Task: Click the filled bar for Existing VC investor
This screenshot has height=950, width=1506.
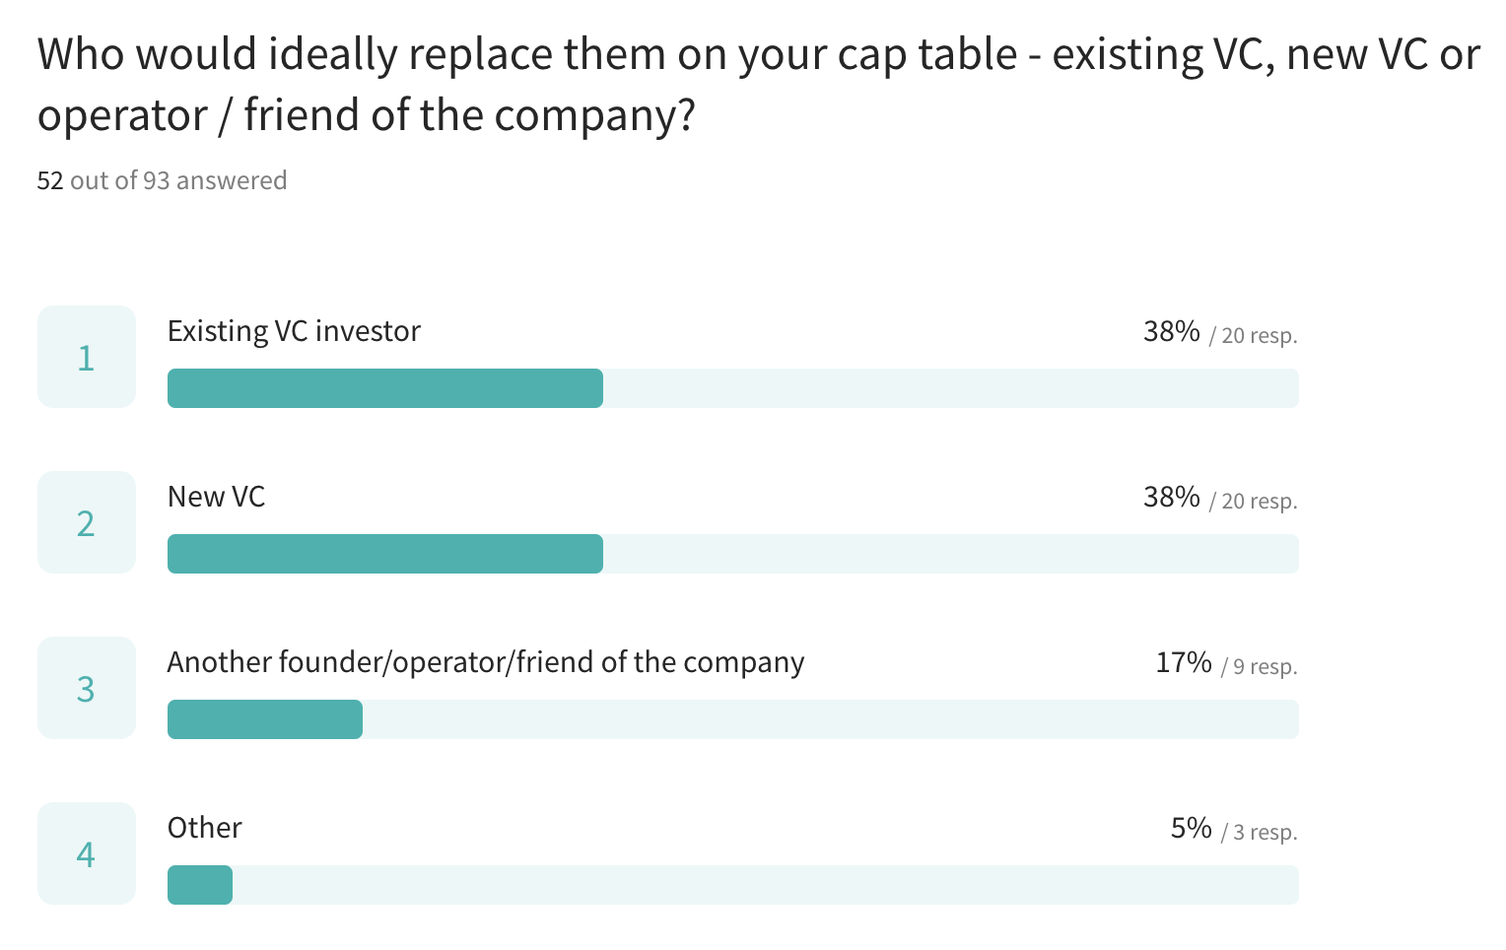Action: (384, 388)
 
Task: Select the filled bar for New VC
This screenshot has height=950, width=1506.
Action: (384, 554)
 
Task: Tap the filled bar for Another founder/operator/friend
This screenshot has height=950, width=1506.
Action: (264, 719)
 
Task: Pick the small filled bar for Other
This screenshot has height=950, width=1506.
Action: (200, 885)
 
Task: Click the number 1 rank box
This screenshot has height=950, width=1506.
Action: (87, 357)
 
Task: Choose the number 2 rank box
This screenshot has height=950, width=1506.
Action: (87, 522)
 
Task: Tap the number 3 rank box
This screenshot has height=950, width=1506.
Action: (87, 688)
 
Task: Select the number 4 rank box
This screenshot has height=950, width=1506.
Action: (87, 853)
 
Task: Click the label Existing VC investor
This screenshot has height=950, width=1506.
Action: (294, 331)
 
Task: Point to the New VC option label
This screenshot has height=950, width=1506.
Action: (216, 497)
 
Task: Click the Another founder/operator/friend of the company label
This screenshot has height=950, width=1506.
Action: (485, 662)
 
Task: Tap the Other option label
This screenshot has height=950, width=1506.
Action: (204, 828)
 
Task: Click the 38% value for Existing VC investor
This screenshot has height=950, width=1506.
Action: (1171, 331)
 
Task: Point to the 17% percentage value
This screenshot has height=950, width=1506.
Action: (1183, 662)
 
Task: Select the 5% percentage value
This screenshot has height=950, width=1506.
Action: (1191, 828)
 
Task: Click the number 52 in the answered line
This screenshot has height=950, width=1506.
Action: (50, 180)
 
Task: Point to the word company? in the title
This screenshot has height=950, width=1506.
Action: (594, 116)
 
